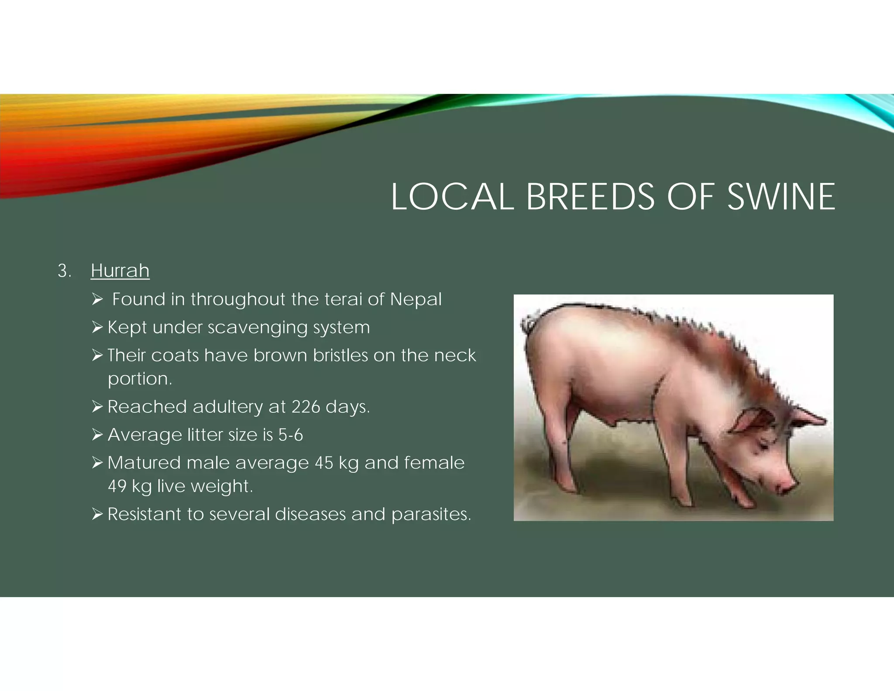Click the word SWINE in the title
[781, 197]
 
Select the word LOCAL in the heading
[452, 197]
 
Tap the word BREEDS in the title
[590, 197]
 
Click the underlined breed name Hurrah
[120, 271]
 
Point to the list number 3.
[64, 271]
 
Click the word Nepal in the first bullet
[416, 300]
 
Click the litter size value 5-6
[290, 435]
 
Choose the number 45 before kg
[324, 463]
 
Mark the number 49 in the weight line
[117, 486]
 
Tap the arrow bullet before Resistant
[97, 514]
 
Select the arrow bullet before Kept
[97, 327]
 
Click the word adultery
[227, 407]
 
